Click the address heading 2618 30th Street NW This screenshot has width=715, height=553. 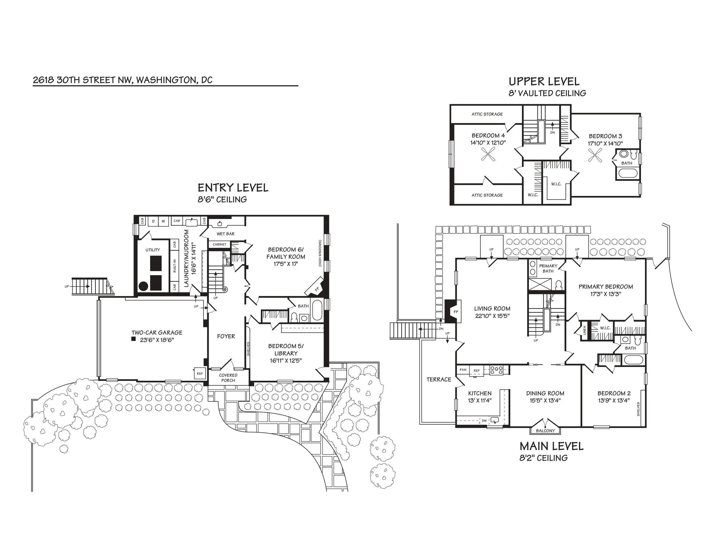click(x=123, y=80)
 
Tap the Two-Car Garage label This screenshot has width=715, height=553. click(x=157, y=333)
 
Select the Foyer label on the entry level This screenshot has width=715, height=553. click(x=226, y=336)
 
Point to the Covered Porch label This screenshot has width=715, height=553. click(x=228, y=378)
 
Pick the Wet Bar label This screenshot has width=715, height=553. click(x=226, y=234)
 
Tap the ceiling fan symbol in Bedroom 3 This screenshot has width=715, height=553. click(x=595, y=155)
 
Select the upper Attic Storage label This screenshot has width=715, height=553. click(x=487, y=114)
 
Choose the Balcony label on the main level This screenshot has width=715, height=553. click(x=545, y=431)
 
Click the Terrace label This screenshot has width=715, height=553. click(x=439, y=379)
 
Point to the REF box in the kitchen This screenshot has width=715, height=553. click(x=477, y=370)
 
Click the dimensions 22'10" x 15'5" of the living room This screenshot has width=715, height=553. click(x=492, y=316)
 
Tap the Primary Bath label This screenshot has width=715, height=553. click(x=548, y=268)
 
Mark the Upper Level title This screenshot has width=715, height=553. click(x=544, y=81)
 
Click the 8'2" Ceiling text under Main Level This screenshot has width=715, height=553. click(x=543, y=458)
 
